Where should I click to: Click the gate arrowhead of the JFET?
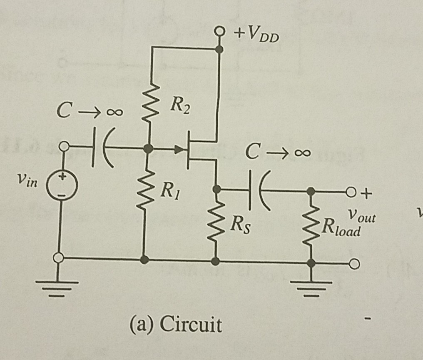coord(179,148)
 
